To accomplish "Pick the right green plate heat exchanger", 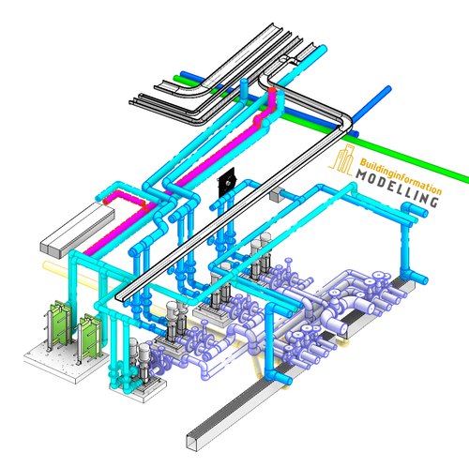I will click(91, 336).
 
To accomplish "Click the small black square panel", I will click(225, 183).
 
